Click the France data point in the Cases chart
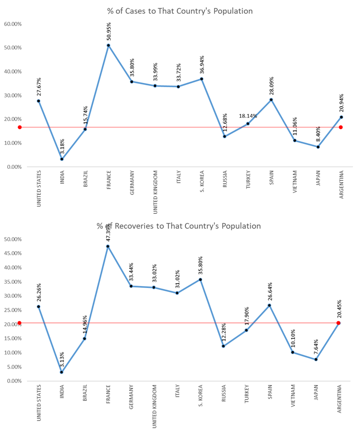pyautogui.click(x=108, y=45)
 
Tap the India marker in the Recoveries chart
pyautogui.click(x=62, y=372)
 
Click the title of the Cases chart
pyautogui.click(x=180, y=11)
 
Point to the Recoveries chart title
pyautogui.click(x=179, y=226)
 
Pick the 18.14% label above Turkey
pyautogui.click(x=248, y=116)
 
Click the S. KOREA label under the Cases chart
pyautogui.click(x=202, y=182)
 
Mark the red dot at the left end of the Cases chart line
pyautogui.click(x=20, y=128)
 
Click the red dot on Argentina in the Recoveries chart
pyautogui.click(x=339, y=323)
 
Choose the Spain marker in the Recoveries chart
pyautogui.click(x=271, y=305)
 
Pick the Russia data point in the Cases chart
pyautogui.click(x=225, y=136)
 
